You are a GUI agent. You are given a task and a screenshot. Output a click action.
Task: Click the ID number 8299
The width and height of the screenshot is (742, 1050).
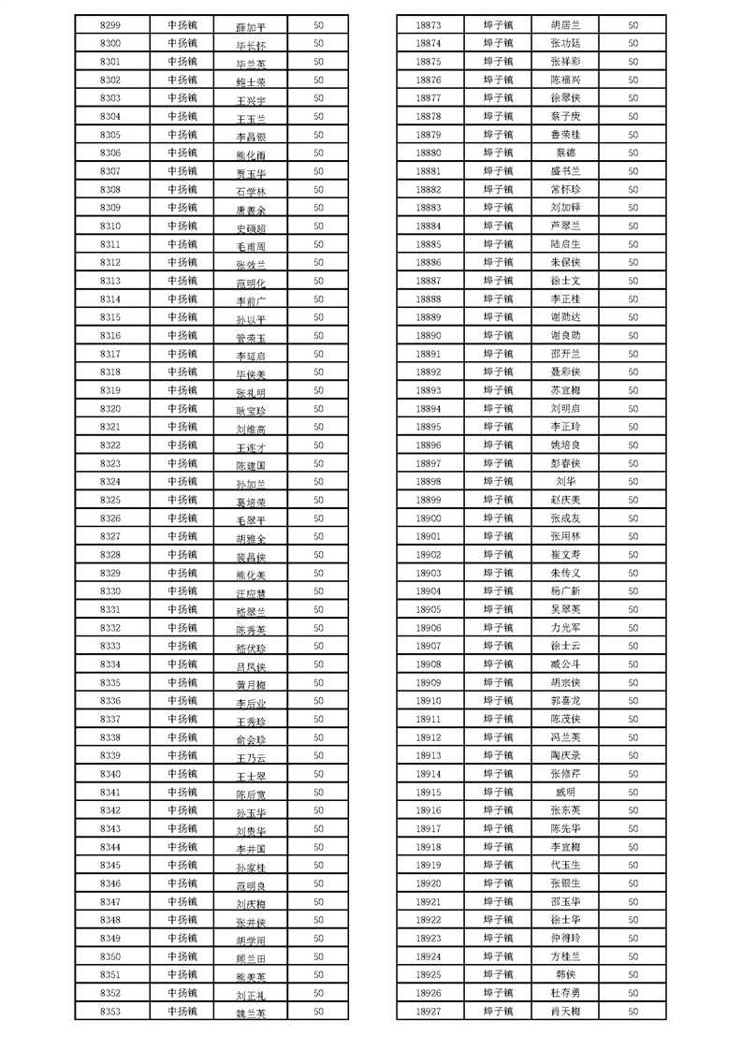pyautogui.click(x=109, y=25)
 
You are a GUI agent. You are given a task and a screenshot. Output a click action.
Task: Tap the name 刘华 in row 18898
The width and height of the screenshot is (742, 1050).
pyautogui.click(x=565, y=482)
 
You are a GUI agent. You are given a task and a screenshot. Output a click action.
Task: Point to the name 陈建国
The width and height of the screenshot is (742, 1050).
pyautogui.click(x=251, y=465)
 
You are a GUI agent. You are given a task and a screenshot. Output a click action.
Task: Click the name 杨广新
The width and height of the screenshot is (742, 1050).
pyautogui.click(x=565, y=591)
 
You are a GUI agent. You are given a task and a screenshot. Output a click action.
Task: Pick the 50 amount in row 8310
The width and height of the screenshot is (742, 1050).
pyautogui.click(x=318, y=226)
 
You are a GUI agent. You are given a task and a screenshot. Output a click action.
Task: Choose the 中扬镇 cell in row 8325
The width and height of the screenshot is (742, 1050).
pyautogui.click(x=182, y=501)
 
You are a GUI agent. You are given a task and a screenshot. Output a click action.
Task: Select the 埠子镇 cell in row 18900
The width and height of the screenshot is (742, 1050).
pyautogui.click(x=499, y=518)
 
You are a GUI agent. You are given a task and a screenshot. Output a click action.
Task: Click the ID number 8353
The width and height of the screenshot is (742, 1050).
pyautogui.click(x=109, y=1012)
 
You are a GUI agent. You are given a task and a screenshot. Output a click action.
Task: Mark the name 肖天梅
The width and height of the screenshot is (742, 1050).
pyautogui.click(x=565, y=1012)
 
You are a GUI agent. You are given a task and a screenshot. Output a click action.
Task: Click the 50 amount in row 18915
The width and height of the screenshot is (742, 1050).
pyautogui.click(x=633, y=793)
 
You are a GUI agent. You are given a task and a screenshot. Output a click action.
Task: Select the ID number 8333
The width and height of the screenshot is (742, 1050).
pyautogui.click(x=109, y=647)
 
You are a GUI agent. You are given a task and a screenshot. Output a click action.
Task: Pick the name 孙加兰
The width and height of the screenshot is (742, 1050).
pyautogui.click(x=251, y=484)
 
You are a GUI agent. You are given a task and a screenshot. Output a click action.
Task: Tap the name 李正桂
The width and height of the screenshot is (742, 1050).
pyautogui.click(x=565, y=299)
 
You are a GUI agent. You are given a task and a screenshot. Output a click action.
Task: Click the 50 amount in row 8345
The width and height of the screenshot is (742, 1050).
pyautogui.click(x=318, y=866)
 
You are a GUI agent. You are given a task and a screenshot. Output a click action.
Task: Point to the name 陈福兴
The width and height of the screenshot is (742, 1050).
pyautogui.click(x=565, y=80)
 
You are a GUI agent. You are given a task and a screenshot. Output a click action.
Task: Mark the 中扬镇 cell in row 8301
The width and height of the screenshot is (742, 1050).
pyautogui.click(x=182, y=62)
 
